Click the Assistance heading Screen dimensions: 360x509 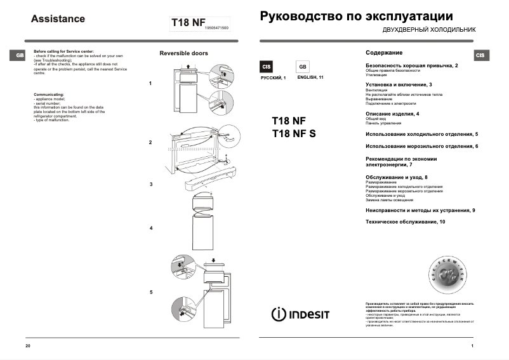click(x=58, y=19)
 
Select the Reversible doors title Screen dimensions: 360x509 click(x=183, y=54)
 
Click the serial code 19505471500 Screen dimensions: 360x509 click(x=218, y=29)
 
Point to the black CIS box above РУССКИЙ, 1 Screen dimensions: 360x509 click(x=267, y=67)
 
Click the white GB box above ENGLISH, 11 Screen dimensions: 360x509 click(x=302, y=67)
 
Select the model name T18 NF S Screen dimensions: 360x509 click(x=293, y=133)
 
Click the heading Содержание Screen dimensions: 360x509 click(x=384, y=52)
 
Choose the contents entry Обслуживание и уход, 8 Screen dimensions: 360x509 click(x=396, y=177)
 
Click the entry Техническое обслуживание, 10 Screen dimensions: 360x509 click(x=405, y=221)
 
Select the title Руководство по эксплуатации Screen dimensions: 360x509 click(x=356, y=16)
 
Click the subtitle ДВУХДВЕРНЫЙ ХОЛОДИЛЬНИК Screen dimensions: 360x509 click(x=428, y=30)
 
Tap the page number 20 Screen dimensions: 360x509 click(x=27, y=345)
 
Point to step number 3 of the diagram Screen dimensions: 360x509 click(x=150, y=184)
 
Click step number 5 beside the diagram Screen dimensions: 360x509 click(x=150, y=292)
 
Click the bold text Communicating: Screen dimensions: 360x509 click(x=49, y=94)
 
